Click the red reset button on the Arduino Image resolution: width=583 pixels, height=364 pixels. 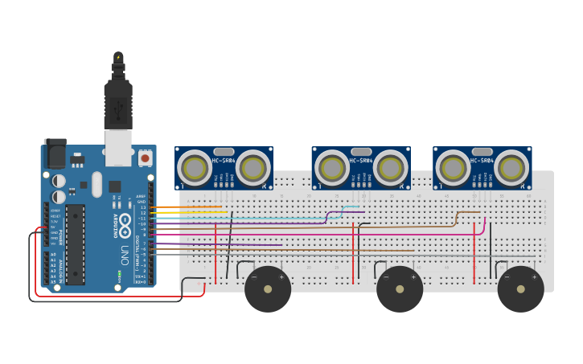pos(145,158)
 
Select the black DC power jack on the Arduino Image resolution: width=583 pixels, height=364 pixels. pos(55,153)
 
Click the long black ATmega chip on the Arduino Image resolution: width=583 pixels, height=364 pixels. pos(75,244)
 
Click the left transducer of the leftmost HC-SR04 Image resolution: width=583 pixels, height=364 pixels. pos(195,168)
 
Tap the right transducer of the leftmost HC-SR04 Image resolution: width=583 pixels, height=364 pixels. pos(252,168)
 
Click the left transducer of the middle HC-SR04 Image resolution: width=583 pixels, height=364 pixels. pos(331,168)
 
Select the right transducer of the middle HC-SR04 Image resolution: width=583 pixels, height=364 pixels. pos(390,168)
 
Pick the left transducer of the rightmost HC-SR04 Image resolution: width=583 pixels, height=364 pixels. pos(452,168)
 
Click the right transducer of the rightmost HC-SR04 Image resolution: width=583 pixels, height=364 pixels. pos(511,168)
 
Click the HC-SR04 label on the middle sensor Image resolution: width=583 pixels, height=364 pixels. pos(360,160)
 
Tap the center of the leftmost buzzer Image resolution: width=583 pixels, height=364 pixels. pos(268,289)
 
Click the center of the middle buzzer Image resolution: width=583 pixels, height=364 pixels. pos(400,289)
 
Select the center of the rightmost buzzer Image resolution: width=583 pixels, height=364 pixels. pos(520,289)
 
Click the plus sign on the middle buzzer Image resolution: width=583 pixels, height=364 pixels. pos(413,277)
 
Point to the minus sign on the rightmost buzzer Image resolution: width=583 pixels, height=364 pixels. pos(507,277)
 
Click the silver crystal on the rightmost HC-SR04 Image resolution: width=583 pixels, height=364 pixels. pos(482,151)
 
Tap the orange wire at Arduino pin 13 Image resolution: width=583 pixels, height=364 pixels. pos(185,207)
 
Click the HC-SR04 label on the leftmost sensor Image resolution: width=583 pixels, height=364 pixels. pos(224,160)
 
